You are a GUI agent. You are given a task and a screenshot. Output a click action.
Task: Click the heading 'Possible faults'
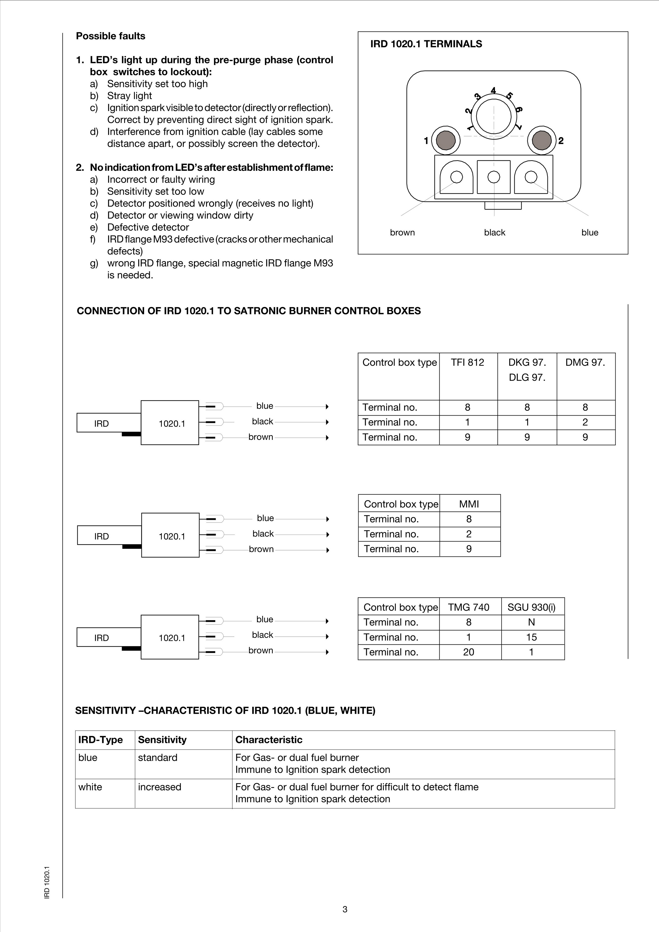point(110,36)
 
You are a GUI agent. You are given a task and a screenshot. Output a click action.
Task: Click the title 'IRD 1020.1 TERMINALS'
point(426,44)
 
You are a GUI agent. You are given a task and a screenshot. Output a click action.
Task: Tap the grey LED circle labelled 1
point(446,141)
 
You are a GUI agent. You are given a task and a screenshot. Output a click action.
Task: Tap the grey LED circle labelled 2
point(542,141)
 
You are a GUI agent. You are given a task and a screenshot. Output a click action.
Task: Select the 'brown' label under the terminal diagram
point(402,233)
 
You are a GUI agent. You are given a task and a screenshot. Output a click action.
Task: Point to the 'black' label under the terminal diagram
point(494,233)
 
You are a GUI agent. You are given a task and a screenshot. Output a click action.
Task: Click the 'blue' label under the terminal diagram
point(590,233)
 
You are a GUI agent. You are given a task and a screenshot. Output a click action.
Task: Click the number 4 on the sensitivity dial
point(493,90)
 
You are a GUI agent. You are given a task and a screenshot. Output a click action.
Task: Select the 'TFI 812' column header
point(467,362)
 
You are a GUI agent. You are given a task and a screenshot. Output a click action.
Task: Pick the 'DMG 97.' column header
point(585,362)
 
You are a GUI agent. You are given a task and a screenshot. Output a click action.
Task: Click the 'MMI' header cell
point(469,504)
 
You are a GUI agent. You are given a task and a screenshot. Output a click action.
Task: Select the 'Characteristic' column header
point(269,740)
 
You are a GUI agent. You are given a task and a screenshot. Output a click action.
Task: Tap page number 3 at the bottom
point(345,909)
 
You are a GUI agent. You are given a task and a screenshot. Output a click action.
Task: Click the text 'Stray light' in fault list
point(130,96)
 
